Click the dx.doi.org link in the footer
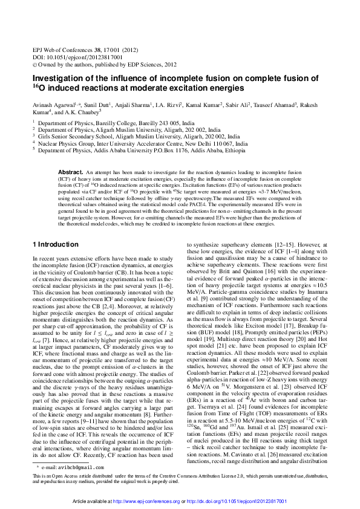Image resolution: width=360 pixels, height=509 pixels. coord(254,501)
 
